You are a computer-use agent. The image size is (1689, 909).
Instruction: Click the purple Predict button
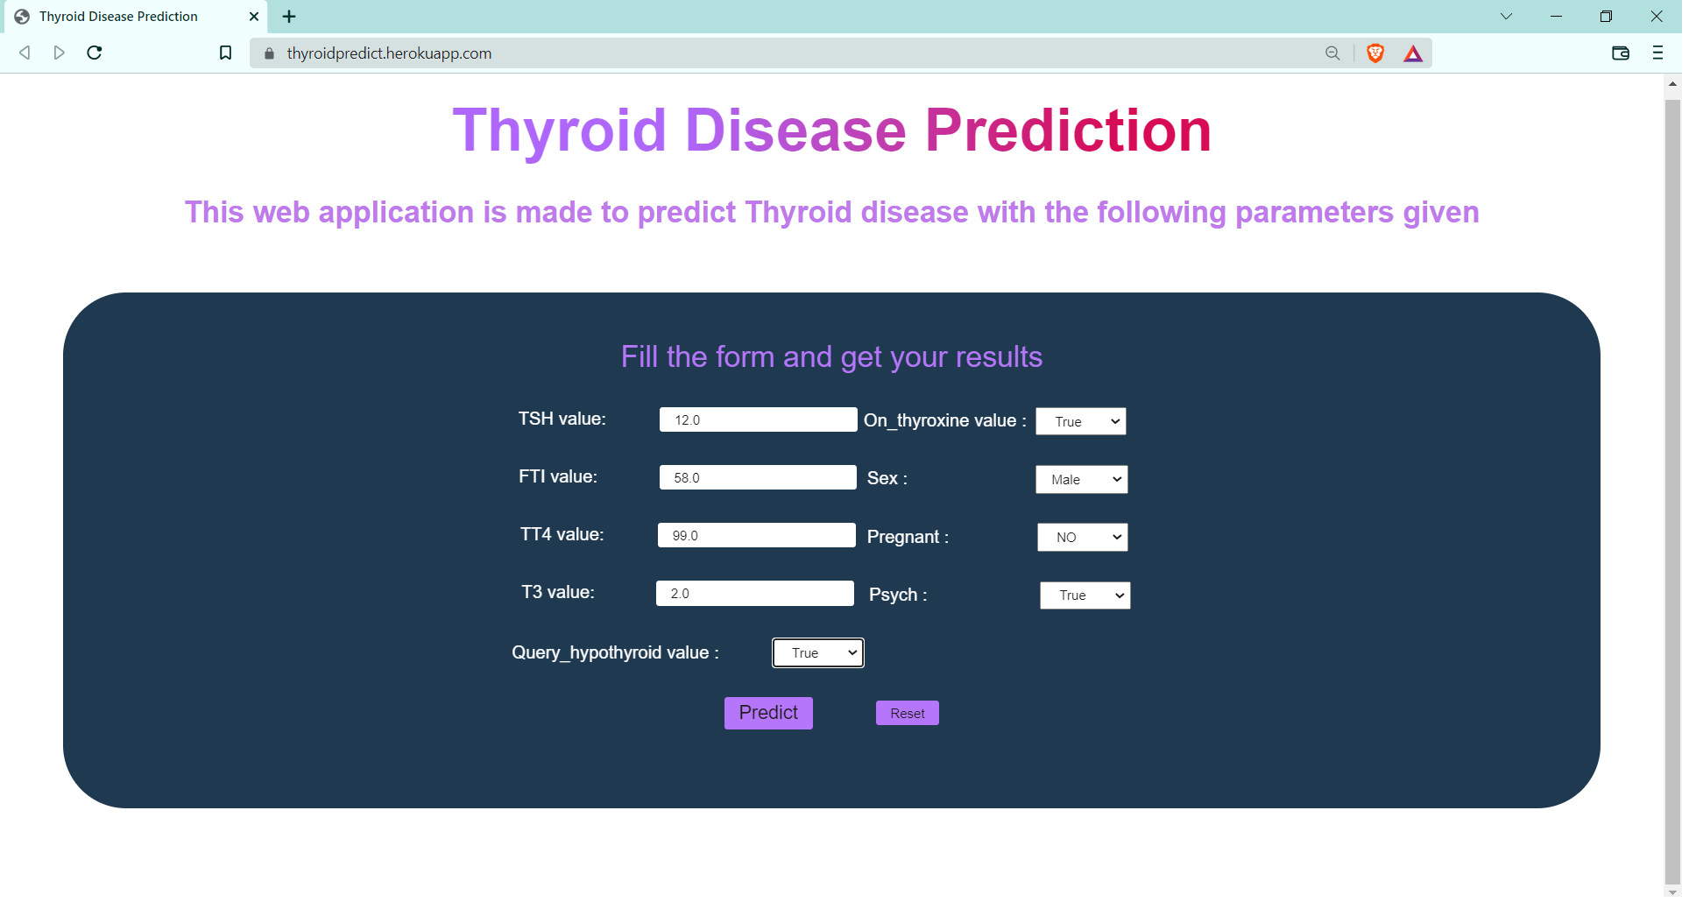pos(767,712)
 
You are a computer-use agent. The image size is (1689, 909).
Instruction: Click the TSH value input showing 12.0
pos(757,419)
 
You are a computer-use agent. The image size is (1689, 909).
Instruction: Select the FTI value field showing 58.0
pos(757,477)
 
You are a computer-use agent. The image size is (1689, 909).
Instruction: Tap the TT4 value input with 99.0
pos(755,535)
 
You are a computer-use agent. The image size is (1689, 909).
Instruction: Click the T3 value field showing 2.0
pos(753,593)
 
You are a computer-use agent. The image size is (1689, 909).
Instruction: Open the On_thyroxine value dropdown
pos(1079,421)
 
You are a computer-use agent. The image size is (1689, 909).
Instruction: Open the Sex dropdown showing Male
pos(1080,479)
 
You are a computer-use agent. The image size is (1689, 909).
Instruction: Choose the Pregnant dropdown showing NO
pos(1081,537)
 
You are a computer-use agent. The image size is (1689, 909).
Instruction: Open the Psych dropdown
pos(1084,595)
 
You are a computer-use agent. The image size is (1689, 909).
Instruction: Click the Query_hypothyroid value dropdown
pos(816,652)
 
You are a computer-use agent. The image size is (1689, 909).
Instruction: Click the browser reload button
pos(95,53)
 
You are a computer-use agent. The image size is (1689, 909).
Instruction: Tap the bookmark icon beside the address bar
pos(225,53)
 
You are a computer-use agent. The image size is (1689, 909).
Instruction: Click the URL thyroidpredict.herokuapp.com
pos(389,53)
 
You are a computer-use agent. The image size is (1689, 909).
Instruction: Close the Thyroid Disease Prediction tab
pos(254,17)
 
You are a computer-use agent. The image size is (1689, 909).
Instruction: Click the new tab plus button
pos(289,17)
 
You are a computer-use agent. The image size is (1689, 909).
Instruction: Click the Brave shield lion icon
pos(1375,53)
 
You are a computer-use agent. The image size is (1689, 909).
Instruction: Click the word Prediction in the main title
pos(1067,131)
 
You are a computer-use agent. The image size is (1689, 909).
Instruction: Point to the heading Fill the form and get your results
pos(830,357)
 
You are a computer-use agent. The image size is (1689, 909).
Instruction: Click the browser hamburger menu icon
pos(1657,53)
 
